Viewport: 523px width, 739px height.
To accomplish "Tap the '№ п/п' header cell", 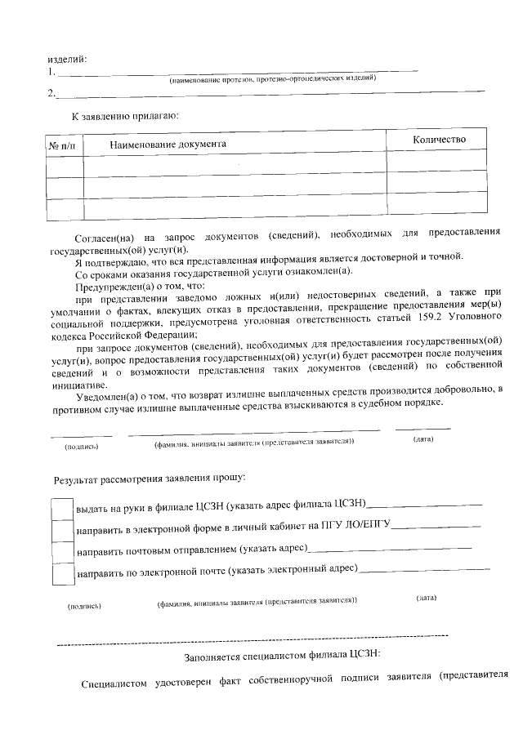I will [x=61, y=145].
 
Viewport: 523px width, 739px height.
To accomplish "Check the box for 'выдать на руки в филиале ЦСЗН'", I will [x=63, y=508].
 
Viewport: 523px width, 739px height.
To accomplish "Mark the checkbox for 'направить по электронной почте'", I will [x=63, y=573].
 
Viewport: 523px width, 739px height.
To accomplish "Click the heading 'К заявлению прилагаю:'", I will [x=125, y=116].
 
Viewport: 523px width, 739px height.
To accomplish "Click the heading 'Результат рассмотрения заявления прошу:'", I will [x=149, y=478].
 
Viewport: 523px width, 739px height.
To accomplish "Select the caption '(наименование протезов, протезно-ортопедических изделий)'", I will [x=272, y=79].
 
